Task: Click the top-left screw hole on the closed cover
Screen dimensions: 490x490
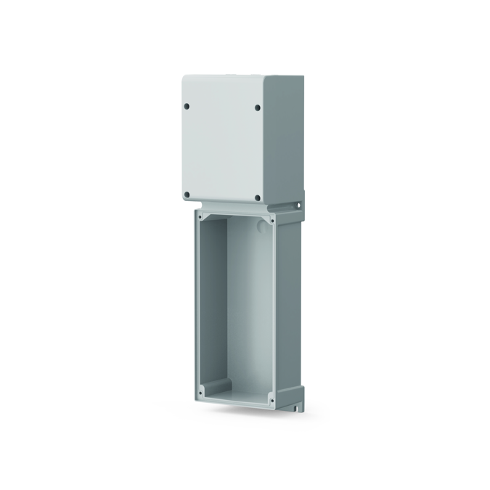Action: click(187, 106)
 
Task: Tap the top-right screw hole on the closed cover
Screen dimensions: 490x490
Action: click(257, 108)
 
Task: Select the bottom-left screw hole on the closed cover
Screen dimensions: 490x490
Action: click(187, 195)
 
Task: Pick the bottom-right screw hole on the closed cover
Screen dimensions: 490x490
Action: click(258, 196)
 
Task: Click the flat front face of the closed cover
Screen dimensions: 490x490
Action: click(221, 149)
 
